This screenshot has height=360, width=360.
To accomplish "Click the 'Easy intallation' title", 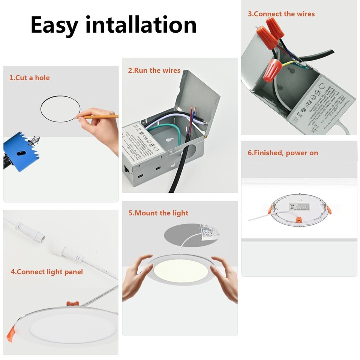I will coord(113,25).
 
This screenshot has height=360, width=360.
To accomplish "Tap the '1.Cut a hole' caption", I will coord(29,78).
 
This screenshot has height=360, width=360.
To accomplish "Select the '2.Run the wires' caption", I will coord(154,70).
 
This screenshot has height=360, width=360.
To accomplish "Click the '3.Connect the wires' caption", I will coord(281,14).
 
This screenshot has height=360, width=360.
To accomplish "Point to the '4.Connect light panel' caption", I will coord(46,272).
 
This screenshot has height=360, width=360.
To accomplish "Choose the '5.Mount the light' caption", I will coord(158,213).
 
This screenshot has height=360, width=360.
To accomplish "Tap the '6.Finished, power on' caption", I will coord(283,153).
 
